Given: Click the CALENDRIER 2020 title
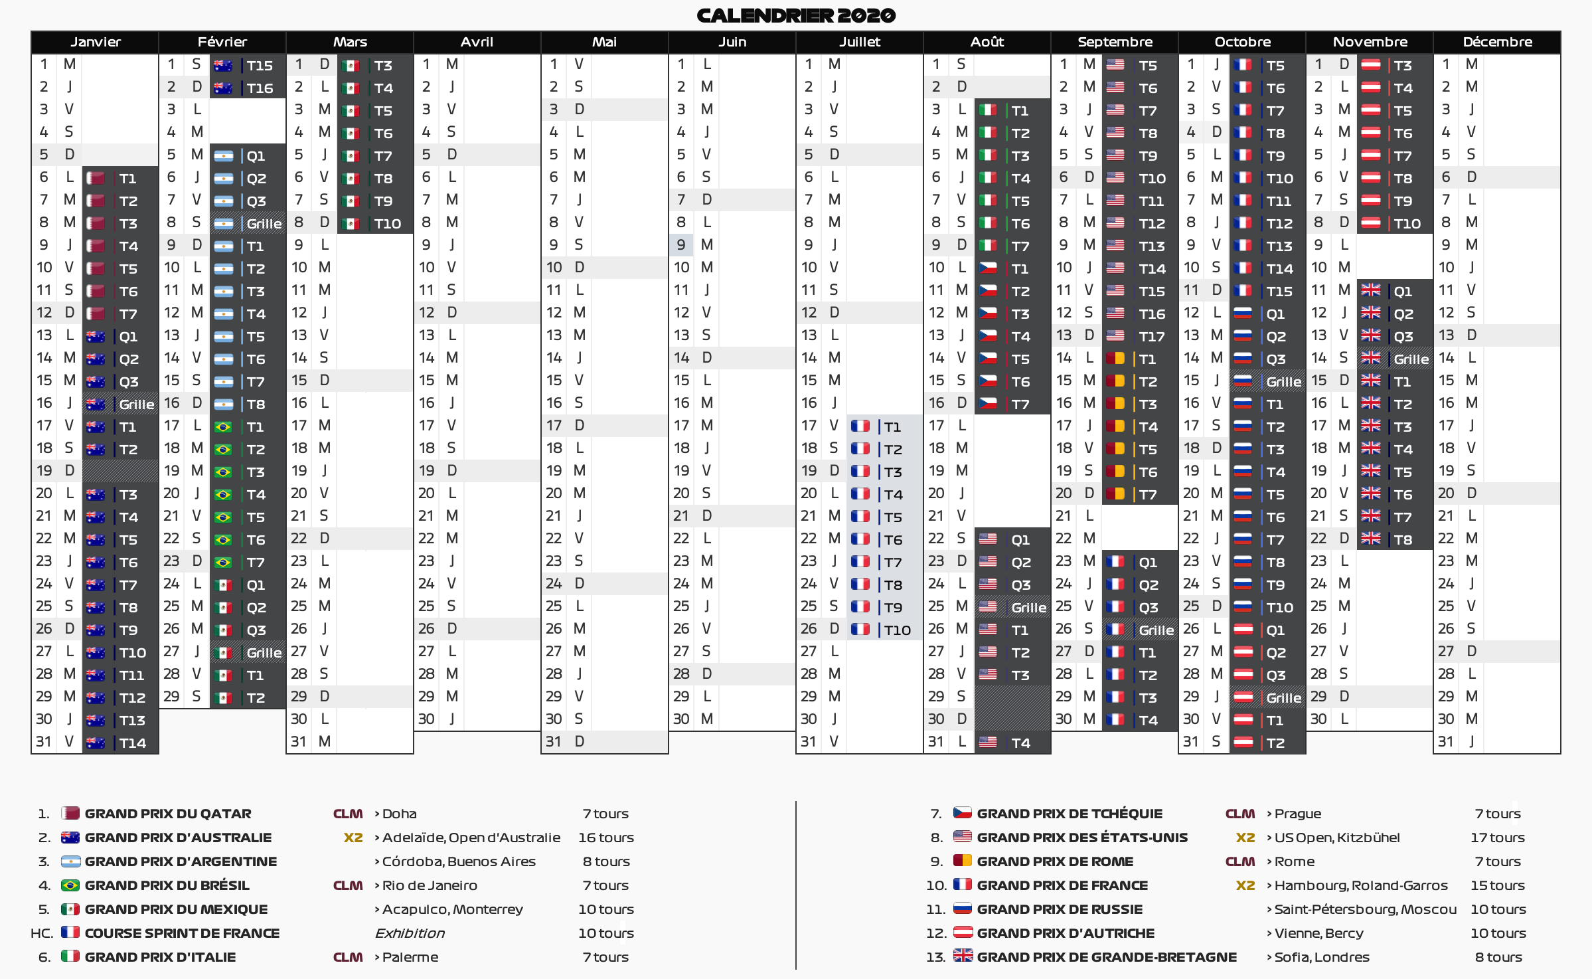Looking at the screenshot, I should (795, 15).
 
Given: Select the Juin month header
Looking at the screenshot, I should (732, 42).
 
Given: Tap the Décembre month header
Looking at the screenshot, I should (1497, 42).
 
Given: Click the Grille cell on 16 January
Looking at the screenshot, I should (136, 404).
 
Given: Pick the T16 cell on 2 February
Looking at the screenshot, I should (259, 88).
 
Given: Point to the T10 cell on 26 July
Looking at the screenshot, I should (897, 630).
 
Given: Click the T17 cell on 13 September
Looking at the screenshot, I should (1151, 336).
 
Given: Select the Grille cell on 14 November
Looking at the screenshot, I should (1410, 359).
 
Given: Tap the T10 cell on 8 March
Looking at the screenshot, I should (387, 223).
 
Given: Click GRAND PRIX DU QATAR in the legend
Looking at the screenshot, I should (167, 814).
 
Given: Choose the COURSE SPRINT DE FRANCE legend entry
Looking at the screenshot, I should (182, 933).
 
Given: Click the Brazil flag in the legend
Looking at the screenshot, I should (70, 885).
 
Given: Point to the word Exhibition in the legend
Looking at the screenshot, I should (410, 933).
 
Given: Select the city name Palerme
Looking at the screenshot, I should (410, 957).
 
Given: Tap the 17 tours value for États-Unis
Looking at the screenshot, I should (1497, 838).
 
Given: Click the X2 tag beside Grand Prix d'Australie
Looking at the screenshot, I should (353, 838).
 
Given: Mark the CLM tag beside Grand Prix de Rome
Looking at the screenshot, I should (1239, 861).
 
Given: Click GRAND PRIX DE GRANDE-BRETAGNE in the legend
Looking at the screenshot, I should (1106, 957).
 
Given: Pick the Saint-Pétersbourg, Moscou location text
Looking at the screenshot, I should (1365, 909).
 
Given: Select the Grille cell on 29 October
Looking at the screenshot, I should (1283, 697).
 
